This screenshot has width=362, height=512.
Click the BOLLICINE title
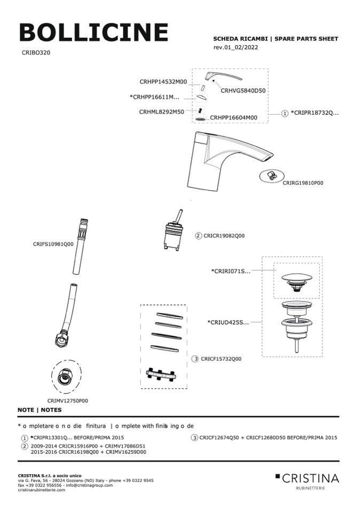[x=93, y=33]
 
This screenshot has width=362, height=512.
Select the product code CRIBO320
[x=36, y=53]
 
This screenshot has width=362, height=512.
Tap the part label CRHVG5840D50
[x=243, y=91]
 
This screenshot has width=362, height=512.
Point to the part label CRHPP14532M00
[x=163, y=82]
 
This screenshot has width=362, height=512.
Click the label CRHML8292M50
[x=161, y=112]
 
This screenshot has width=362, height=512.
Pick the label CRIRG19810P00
[x=303, y=183]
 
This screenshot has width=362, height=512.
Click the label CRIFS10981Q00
[x=53, y=243]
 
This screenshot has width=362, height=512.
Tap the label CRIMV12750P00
[x=67, y=400]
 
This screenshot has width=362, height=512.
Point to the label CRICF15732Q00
[x=221, y=359]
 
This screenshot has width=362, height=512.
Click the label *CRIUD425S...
[x=228, y=322]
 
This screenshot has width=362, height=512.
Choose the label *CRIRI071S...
[x=231, y=271]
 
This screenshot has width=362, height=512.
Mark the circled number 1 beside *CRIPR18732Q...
[x=285, y=114]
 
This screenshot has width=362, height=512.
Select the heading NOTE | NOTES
[x=40, y=410]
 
